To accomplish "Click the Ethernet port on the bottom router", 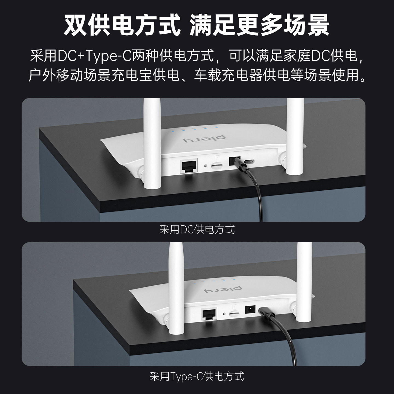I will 209,314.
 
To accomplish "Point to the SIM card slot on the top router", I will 218,165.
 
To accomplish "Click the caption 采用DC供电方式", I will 197,230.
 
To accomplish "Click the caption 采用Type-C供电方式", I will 197,376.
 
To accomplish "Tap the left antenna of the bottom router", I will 174,290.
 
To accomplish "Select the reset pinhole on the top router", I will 206,166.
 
